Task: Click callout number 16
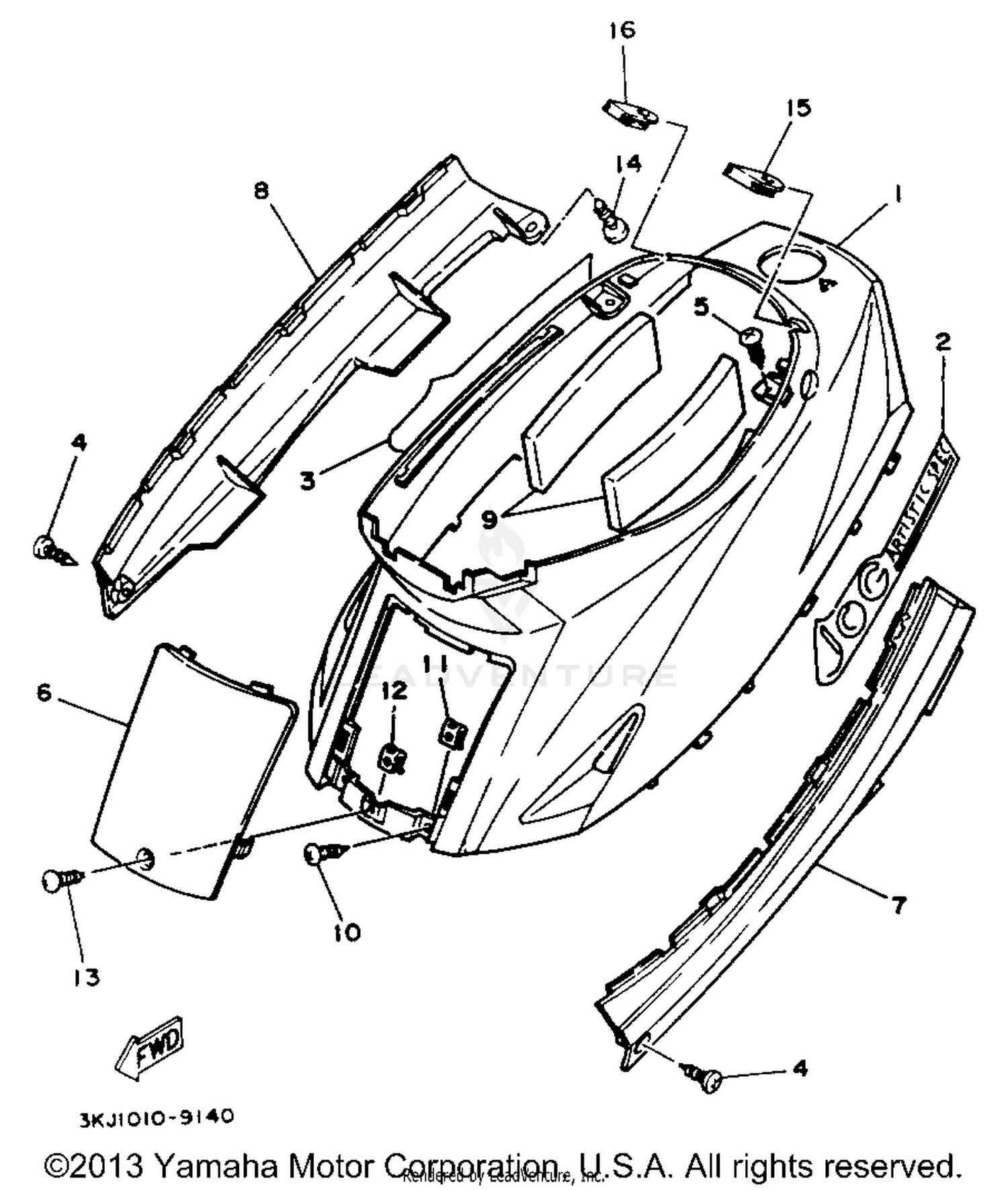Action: (x=622, y=31)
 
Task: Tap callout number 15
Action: (x=798, y=108)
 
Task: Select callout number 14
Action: (x=627, y=163)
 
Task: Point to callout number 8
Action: (x=261, y=191)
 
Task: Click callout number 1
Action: (x=896, y=194)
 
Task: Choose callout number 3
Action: (x=308, y=481)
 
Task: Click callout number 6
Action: (x=44, y=693)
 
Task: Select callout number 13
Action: (x=87, y=977)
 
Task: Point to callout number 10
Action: (x=347, y=932)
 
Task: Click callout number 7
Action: (x=898, y=905)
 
